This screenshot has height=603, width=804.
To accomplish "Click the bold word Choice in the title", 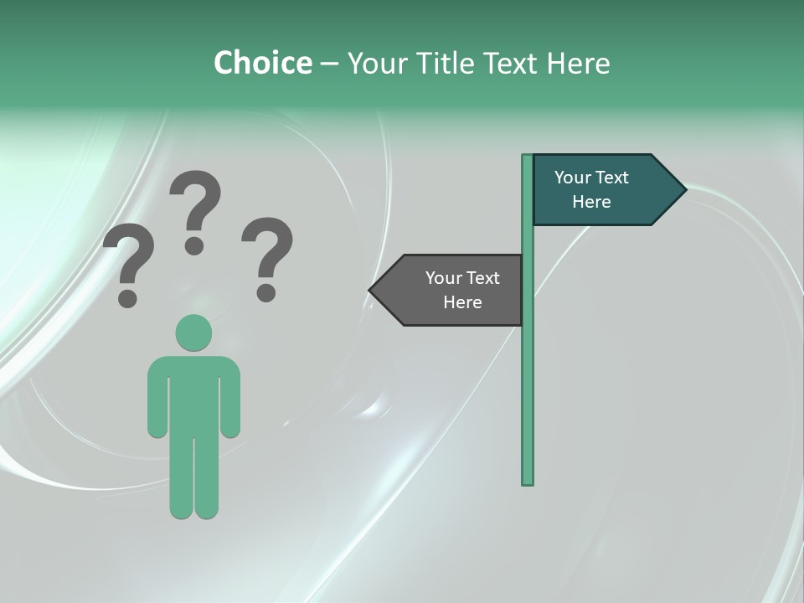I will [x=262, y=63].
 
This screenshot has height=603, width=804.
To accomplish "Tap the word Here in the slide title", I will [x=578, y=63].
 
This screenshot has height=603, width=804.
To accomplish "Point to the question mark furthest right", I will [x=267, y=251].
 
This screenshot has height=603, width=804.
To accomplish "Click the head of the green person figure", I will [x=193, y=332].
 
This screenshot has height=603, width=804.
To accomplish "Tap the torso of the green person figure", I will [x=193, y=394].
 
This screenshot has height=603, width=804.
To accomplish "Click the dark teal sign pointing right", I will [x=603, y=190].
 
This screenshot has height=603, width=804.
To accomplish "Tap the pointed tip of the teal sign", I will [x=683, y=190].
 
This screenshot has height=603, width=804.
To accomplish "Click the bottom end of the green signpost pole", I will [x=528, y=481].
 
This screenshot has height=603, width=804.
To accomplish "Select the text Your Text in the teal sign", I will [x=591, y=178].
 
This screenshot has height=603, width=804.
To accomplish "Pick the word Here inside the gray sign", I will [x=462, y=302].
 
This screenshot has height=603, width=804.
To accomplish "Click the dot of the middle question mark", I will [x=194, y=245].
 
